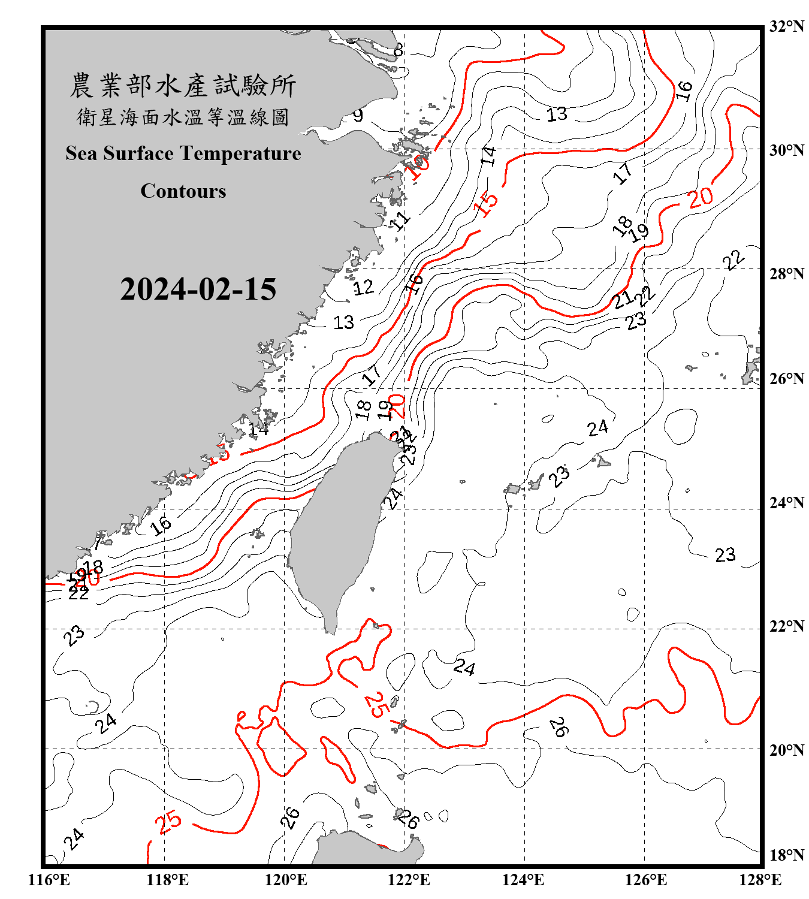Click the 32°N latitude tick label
(x=786, y=26)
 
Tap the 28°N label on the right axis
(x=786, y=274)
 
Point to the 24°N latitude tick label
(x=786, y=503)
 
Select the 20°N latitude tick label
(x=786, y=750)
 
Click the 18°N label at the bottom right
(x=786, y=855)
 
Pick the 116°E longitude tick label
(x=49, y=880)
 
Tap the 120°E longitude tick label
(x=286, y=880)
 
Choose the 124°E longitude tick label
(x=523, y=880)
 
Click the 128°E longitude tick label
(x=760, y=880)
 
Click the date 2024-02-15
(x=198, y=289)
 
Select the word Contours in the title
(x=183, y=191)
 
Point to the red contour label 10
(x=417, y=166)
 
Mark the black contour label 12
(x=363, y=288)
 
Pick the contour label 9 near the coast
(x=358, y=115)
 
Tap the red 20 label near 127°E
(x=701, y=197)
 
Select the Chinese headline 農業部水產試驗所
(x=183, y=86)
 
